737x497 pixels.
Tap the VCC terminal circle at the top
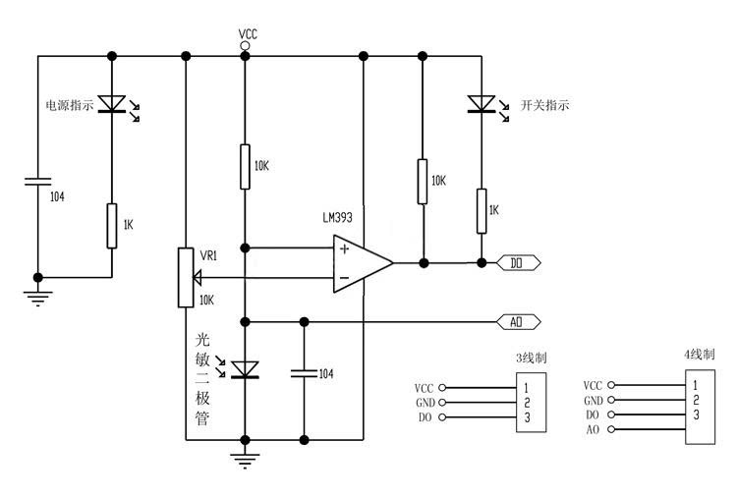coord(245,45)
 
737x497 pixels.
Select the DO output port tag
coord(519,263)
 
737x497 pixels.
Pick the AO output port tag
coord(519,322)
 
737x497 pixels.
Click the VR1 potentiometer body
coord(186,278)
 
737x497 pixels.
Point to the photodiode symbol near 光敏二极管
coord(245,369)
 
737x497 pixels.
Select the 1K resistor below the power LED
coord(111,226)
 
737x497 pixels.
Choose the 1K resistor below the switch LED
coord(482,211)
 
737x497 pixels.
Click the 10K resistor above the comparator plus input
coord(245,167)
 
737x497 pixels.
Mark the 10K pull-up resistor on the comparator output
coord(423,182)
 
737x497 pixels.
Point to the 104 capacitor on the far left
coord(38,182)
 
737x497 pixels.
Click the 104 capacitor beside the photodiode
coord(304,373)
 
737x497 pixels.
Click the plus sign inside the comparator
coord(345,248)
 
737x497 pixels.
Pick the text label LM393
coord(337,217)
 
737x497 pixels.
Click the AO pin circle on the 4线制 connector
coord(610,429)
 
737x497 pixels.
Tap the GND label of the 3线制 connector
coord(425,403)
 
